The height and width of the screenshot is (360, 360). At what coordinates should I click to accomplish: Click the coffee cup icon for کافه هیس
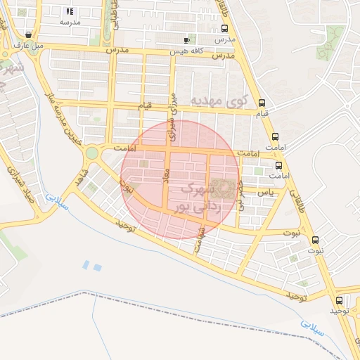click(x=186, y=40)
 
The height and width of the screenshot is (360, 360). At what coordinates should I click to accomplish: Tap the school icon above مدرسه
click(x=70, y=11)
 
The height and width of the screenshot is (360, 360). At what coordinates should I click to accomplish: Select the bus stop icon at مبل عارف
click(x=28, y=34)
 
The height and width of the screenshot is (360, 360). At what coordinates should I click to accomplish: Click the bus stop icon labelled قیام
click(x=262, y=102)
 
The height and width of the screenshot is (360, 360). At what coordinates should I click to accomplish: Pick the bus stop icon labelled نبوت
click(x=314, y=239)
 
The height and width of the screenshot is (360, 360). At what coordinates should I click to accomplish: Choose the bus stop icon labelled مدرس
click(x=224, y=29)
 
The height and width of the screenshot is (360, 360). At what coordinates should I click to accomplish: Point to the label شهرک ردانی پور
click(x=202, y=198)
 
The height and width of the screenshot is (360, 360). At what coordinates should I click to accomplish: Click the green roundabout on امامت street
click(x=91, y=153)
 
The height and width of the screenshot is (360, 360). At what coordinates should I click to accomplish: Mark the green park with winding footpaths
click(x=330, y=42)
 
